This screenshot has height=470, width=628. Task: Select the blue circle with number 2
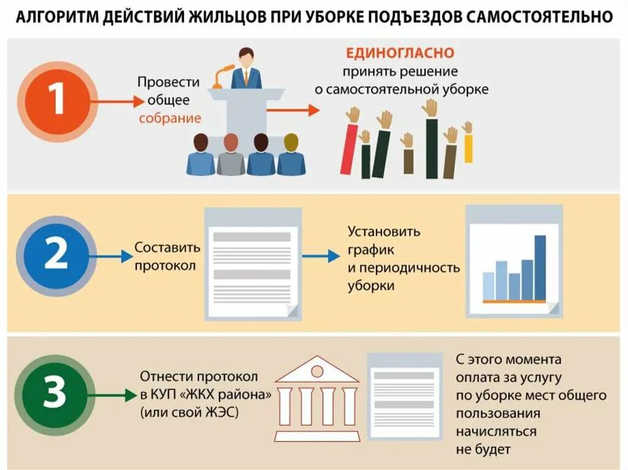click(56, 254)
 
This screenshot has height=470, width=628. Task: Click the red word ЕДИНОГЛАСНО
click(400, 53)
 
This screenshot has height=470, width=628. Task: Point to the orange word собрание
click(170, 118)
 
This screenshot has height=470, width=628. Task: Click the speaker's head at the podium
click(246, 57)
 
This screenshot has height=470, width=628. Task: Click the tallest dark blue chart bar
click(540, 267)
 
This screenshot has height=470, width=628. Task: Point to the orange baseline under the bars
click(514, 301)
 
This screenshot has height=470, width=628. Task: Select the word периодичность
click(404, 268)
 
